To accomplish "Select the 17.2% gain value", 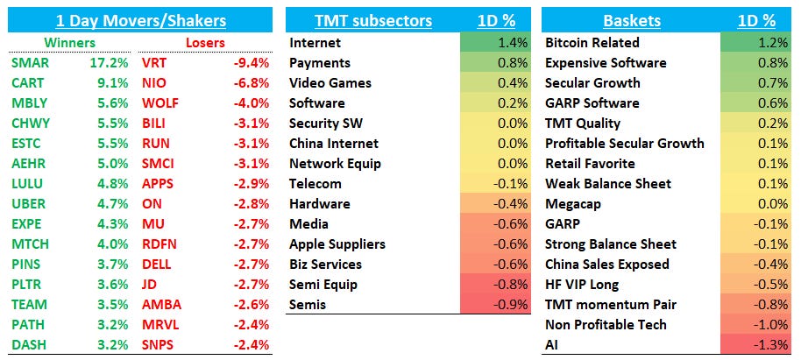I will pyautogui.click(x=111, y=63).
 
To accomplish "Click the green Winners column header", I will pyautogui.click(x=46, y=42).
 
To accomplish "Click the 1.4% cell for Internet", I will pyautogui.click(x=513, y=43).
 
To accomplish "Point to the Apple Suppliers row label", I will pyautogui.click(x=337, y=244).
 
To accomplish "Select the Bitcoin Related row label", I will pyautogui.click(x=592, y=43).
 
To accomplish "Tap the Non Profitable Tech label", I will pyautogui.click(x=606, y=325).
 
